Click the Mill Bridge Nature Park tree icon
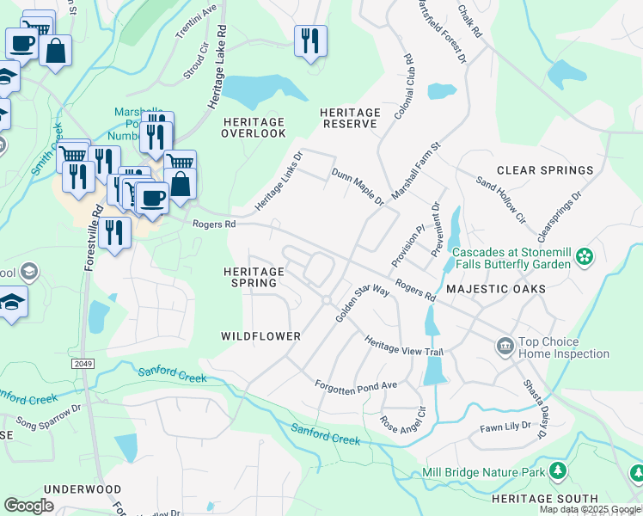click(558, 471)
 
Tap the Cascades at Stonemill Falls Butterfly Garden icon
click(585, 256)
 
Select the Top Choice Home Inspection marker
click(505, 347)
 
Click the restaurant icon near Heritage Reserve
click(309, 40)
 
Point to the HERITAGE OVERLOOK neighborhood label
click(254, 127)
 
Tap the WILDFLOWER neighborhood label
click(260, 336)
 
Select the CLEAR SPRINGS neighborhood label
click(545, 171)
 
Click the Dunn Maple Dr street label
click(358, 187)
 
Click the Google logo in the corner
click(29, 505)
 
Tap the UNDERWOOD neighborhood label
click(83, 488)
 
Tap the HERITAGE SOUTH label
click(544, 499)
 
